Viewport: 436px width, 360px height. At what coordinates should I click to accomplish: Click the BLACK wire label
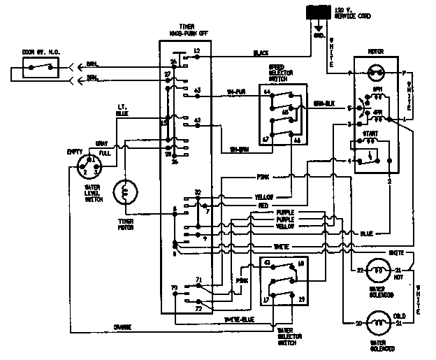point(261,53)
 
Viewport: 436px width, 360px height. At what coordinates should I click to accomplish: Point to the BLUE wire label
point(367,233)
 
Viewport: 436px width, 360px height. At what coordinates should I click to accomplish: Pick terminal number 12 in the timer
point(197,51)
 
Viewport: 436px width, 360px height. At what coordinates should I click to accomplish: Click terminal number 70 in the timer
point(174,287)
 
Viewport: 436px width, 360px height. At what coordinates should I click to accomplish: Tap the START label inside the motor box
point(371,133)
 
